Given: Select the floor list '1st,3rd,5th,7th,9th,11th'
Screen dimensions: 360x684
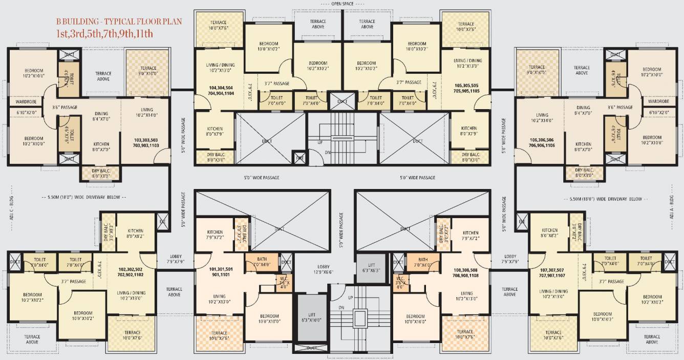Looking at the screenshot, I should tap(104, 34).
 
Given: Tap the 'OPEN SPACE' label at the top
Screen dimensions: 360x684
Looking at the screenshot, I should tap(342, 4).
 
